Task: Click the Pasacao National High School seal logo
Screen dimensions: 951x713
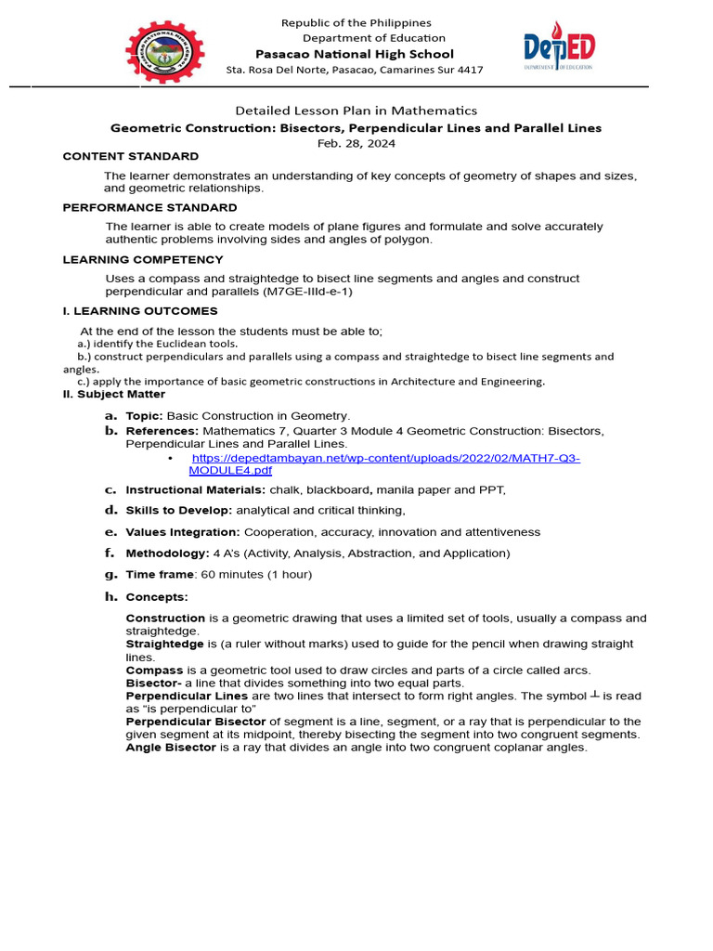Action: (165, 52)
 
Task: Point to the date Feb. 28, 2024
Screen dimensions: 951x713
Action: (356, 143)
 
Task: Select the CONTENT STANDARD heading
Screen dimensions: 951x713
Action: (130, 156)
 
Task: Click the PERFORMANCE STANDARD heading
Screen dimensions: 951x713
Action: (149, 208)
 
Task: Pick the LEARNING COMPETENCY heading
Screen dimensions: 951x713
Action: (143, 260)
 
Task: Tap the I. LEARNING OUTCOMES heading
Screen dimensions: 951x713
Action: (140, 311)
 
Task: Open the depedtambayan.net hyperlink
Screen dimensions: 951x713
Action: (385, 464)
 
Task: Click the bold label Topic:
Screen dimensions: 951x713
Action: (144, 416)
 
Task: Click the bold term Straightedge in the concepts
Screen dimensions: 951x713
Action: (164, 644)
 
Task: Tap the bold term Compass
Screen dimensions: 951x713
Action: (154, 670)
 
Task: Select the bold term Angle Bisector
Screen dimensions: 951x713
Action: (171, 748)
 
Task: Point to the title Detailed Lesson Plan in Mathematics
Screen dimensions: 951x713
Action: (356, 111)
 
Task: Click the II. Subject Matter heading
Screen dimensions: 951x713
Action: (113, 395)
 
